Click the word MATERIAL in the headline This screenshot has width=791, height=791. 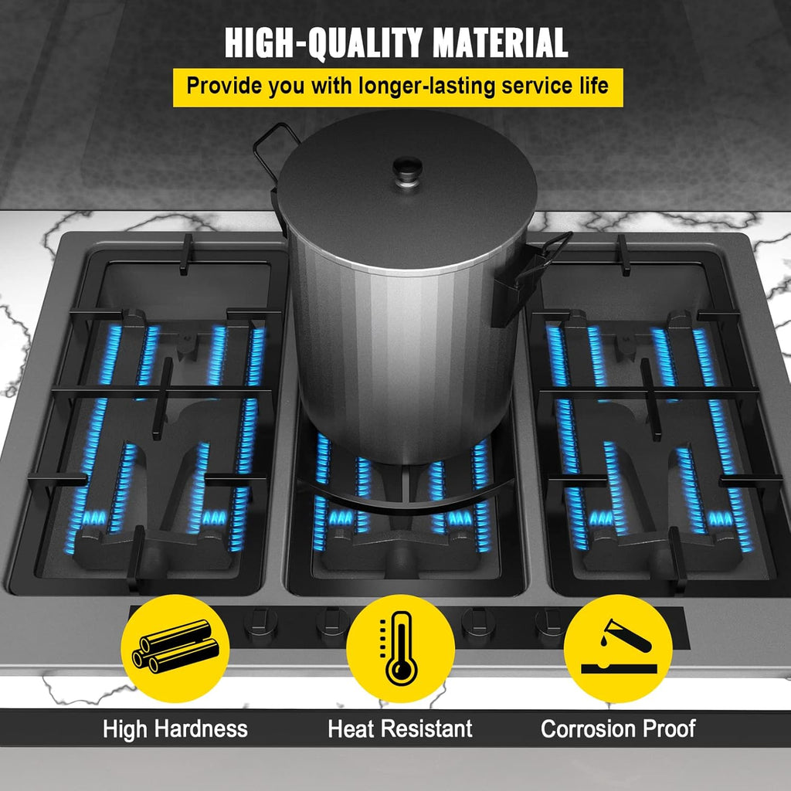click(501, 43)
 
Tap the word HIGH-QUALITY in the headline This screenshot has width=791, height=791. click(324, 43)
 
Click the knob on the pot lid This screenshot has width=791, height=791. click(408, 171)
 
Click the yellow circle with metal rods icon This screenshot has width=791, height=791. click(175, 648)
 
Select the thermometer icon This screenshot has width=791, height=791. click(400, 648)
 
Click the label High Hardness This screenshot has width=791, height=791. click(175, 729)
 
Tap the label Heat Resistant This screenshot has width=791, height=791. click(400, 729)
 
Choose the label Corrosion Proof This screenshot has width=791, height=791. click(618, 729)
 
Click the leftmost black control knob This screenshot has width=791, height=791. click(261, 626)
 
